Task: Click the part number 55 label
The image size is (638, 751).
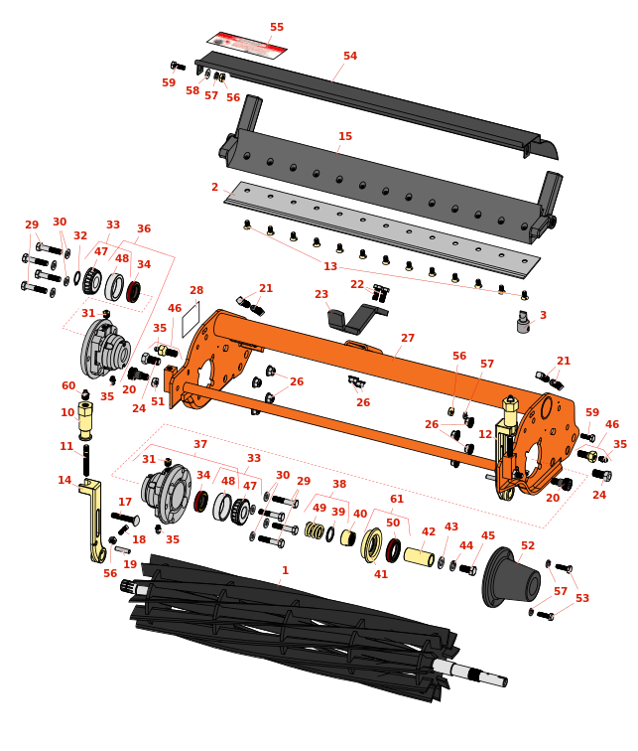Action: pos(277,27)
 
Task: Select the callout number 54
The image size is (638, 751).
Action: pos(350,56)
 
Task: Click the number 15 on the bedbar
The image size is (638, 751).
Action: pos(345,136)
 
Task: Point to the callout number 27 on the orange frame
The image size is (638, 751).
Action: pos(408,338)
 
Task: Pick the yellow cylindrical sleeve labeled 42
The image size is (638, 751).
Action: pos(419,556)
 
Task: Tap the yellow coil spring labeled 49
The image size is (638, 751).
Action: pos(315,529)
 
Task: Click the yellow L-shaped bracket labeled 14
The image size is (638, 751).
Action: pos(93,521)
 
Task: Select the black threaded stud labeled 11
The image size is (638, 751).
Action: pos(86,460)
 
